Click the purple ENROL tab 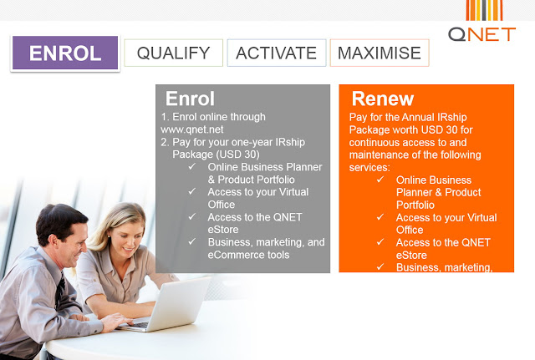pyautogui.click(x=65, y=53)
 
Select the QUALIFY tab pyautogui.click(x=173, y=53)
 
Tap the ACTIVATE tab pyautogui.click(x=277, y=53)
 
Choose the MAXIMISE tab pyautogui.click(x=380, y=53)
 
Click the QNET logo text pyautogui.click(x=481, y=34)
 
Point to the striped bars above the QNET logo pyautogui.click(x=485, y=10)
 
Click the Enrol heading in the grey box pyautogui.click(x=190, y=99)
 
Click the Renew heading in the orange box pyautogui.click(x=383, y=99)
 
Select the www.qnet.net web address pyautogui.click(x=192, y=129)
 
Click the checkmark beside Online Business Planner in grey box pyautogui.click(x=192, y=166)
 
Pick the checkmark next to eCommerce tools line pyautogui.click(x=192, y=241)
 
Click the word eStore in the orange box pyautogui.click(x=411, y=255)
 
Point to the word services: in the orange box pyautogui.click(x=369, y=167)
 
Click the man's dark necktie pyautogui.click(x=60, y=290)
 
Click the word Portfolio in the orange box pyautogui.click(x=415, y=205)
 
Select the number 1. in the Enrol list pyautogui.click(x=166, y=117)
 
